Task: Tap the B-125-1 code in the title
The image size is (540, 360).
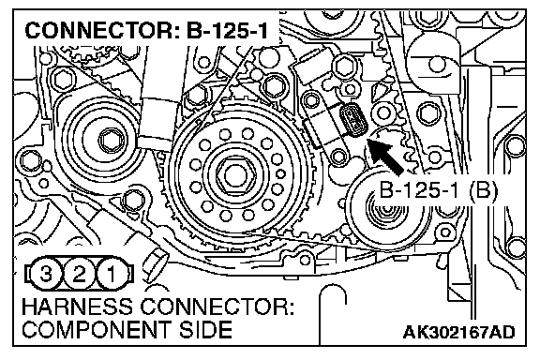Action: (x=227, y=30)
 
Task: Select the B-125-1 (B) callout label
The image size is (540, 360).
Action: (x=438, y=189)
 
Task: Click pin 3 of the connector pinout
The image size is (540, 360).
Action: (x=46, y=275)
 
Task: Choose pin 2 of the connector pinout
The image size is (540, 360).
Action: (x=79, y=275)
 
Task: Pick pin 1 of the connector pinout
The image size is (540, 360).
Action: (x=112, y=275)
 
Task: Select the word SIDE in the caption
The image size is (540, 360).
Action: (x=205, y=330)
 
